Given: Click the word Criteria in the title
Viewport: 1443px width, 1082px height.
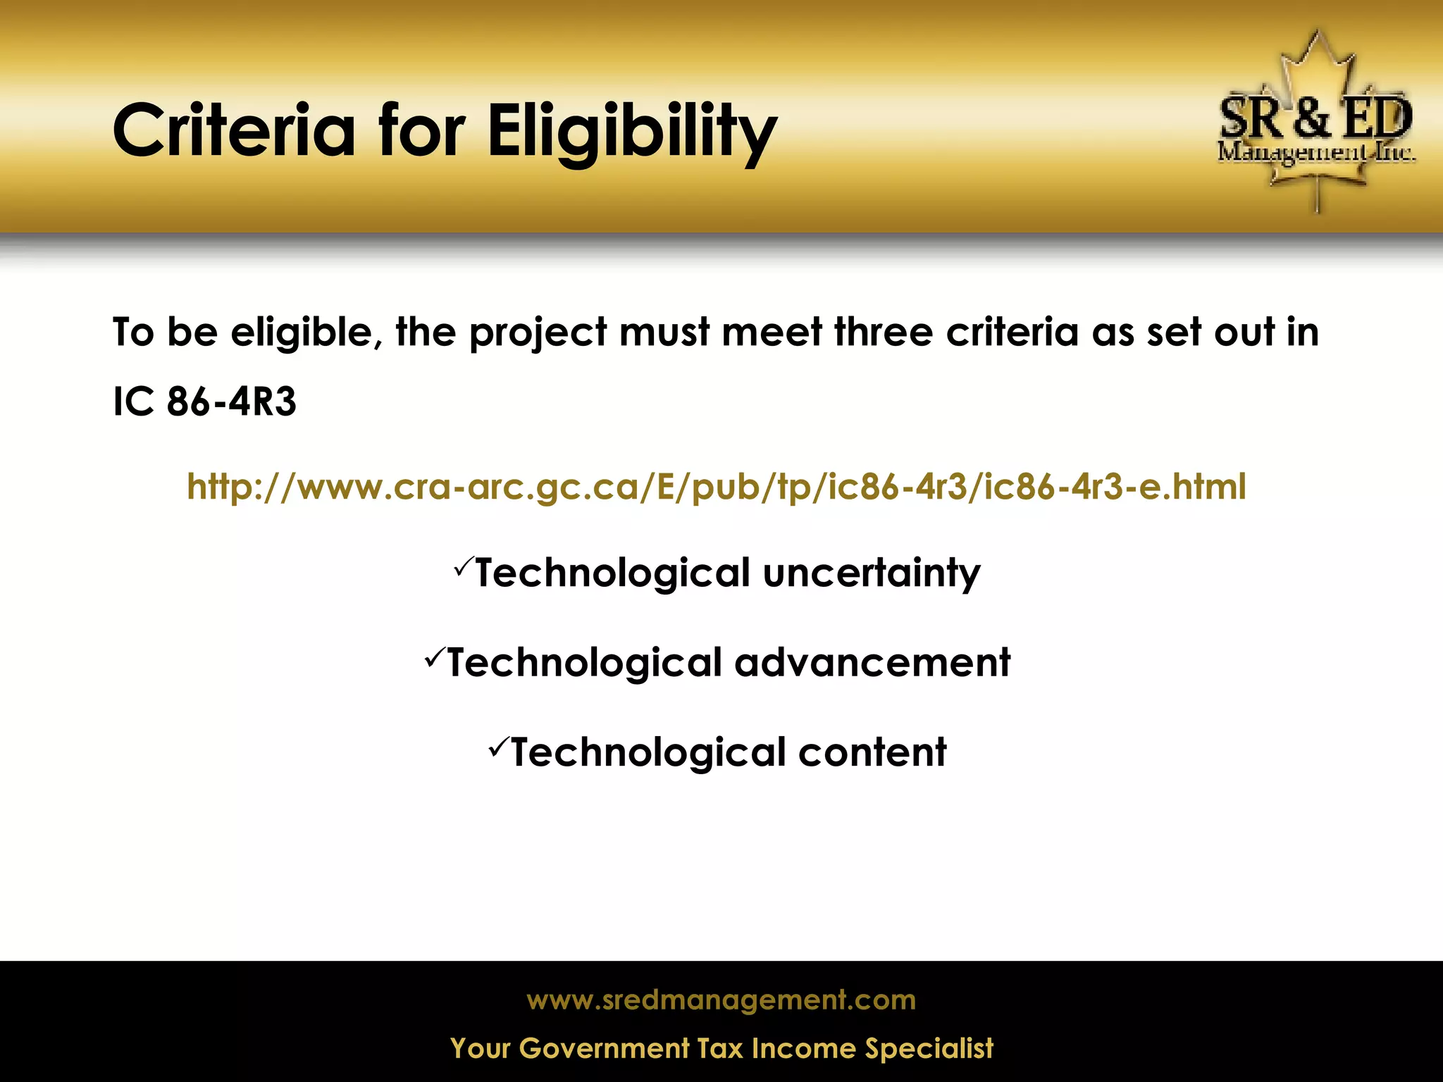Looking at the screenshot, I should [x=234, y=131].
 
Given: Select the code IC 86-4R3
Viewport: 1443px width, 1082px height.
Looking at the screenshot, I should [x=204, y=402].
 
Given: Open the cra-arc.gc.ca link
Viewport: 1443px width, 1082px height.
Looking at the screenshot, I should [x=717, y=487].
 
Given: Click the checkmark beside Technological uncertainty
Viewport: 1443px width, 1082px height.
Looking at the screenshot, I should [x=463, y=566].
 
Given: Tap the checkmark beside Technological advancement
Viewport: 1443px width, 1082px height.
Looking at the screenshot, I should [x=434, y=657].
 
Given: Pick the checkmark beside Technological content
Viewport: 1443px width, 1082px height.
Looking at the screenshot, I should [x=497, y=746].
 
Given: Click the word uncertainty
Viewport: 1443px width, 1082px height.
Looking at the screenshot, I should [x=872, y=573].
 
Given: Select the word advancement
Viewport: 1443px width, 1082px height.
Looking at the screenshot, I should [x=872, y=663].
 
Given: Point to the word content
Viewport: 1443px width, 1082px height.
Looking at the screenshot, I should [x=872, y=752].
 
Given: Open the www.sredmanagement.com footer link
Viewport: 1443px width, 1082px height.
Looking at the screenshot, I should [x=721, y=1000].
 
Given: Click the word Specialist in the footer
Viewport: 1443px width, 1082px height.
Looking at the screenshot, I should [x=929, y=1048].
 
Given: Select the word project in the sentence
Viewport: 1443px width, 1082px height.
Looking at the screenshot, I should [x=538, y=333].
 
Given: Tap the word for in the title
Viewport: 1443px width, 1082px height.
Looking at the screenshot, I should [x=421, y=131].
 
